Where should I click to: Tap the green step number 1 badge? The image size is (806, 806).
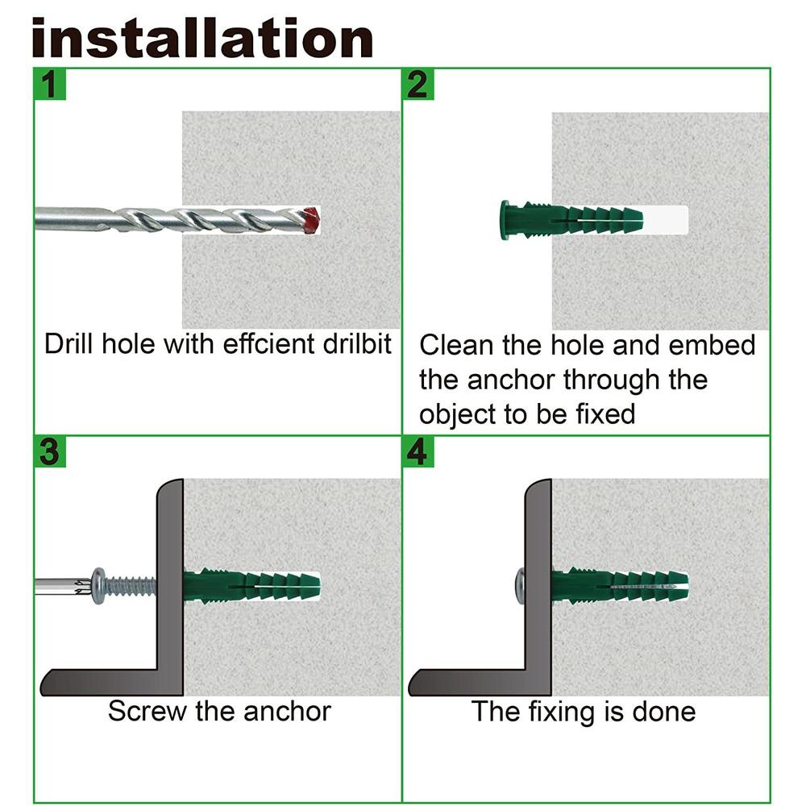coord(49,84)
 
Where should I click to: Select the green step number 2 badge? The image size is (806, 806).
coord(418,84)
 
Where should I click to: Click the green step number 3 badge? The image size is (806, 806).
coord(49,452)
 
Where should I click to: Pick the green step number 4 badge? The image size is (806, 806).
coord(418,452)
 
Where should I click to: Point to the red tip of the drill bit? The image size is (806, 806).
coord(311,219)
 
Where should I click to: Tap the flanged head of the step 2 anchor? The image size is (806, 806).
coord(506,219)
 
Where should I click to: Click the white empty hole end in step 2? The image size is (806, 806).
coord(666,219)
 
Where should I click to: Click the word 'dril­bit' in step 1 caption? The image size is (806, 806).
coord(350,344)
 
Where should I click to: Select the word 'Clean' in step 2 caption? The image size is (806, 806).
coord(456,345)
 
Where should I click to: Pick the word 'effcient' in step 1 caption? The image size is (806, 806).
coord(264,344)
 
